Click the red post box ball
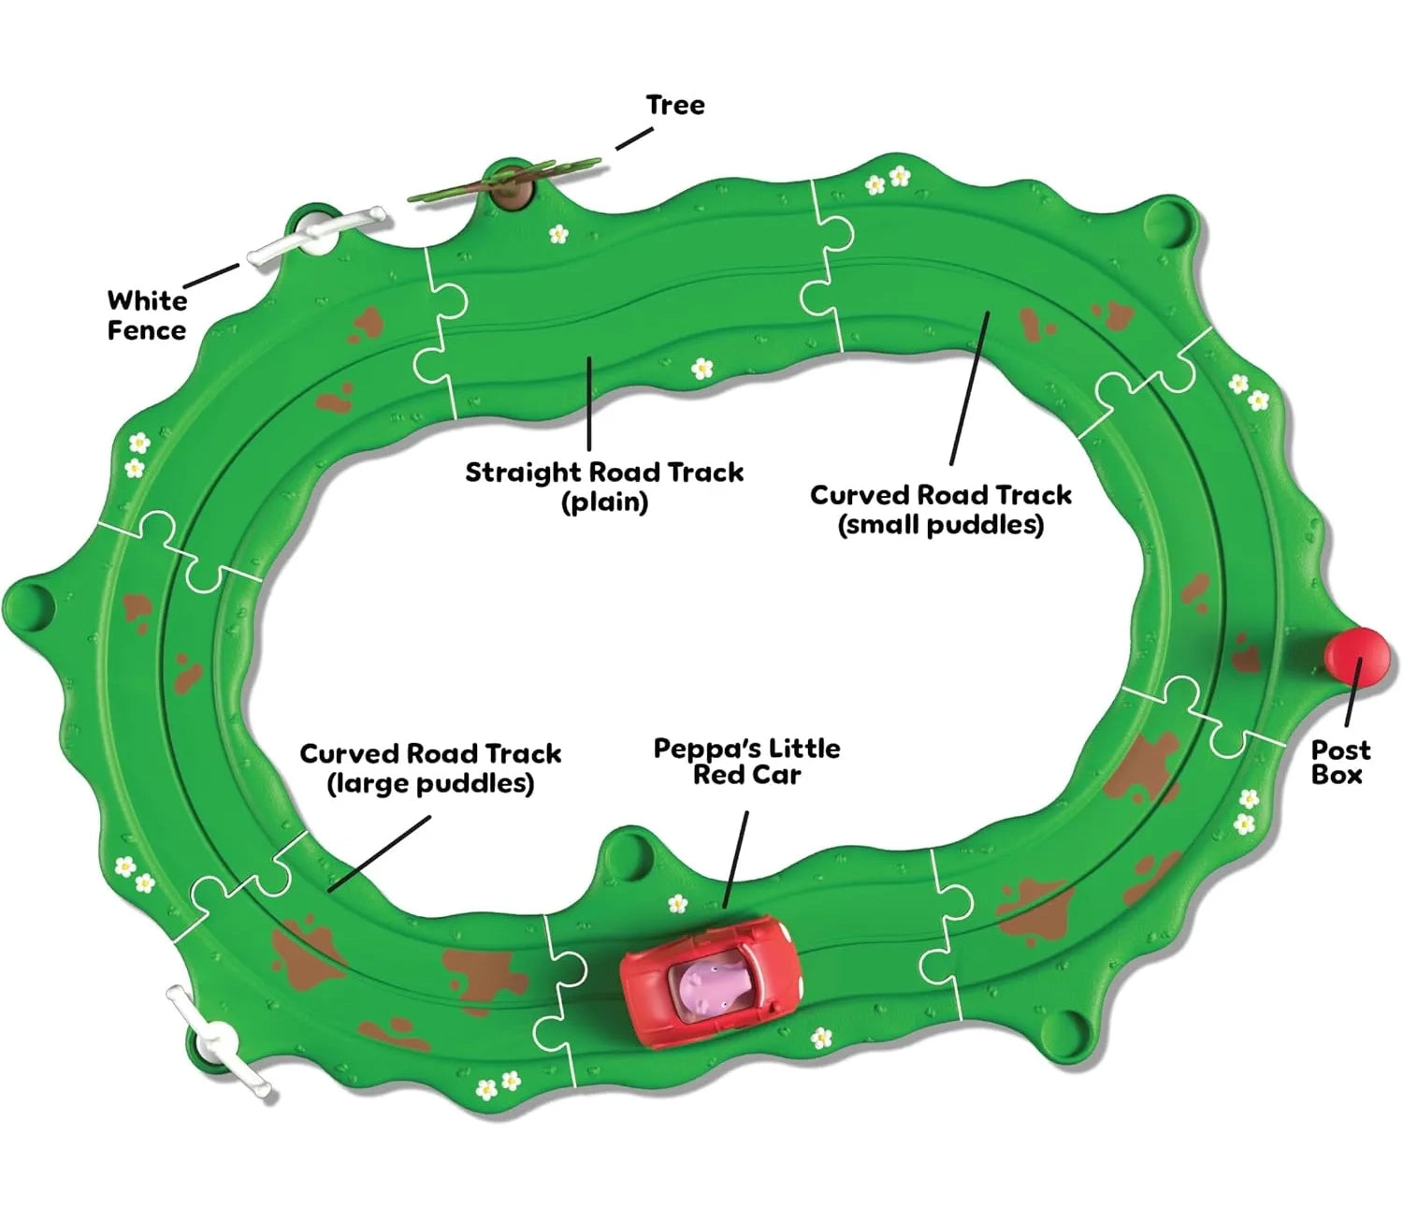[x=1357, y=656]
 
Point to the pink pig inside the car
[x=709, y=986]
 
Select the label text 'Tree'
[x=674, y=105]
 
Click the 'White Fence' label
[x=147, y=315]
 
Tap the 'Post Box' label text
[x=1339, y=762]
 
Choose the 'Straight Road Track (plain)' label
[x=604, y=486]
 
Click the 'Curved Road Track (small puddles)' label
[x=940, y=509]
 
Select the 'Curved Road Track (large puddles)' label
[x=430, y=767]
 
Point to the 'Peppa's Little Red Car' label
[x=746, y=761]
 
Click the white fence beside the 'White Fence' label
[x=315, y=235]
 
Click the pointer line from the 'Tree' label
[x=634, y=138]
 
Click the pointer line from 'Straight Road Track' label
[x=589, y=402]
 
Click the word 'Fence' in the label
[x=147, y=330]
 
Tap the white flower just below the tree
[x=558, y=233]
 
